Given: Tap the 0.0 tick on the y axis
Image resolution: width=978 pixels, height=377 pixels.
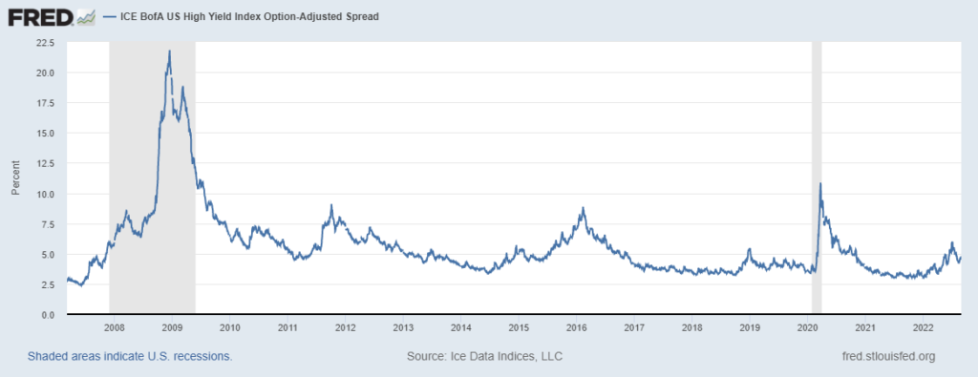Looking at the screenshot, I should (48, 315).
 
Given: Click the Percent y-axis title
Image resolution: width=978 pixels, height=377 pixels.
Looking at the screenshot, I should (16, 178).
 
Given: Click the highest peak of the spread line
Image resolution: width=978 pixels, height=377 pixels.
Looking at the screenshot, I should (169, 51).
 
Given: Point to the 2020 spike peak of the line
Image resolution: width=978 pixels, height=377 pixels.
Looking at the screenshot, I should (819, 184).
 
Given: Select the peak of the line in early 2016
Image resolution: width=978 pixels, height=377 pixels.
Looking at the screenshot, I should (582, 208).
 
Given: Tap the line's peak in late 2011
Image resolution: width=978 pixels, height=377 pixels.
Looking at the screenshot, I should (330, 205).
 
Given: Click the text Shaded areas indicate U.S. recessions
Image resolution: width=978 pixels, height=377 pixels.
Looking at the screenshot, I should (130, 356).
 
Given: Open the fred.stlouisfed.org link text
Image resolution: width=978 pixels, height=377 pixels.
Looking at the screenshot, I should (883, 356).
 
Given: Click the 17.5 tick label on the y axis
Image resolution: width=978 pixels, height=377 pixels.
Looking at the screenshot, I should (44, 103).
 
